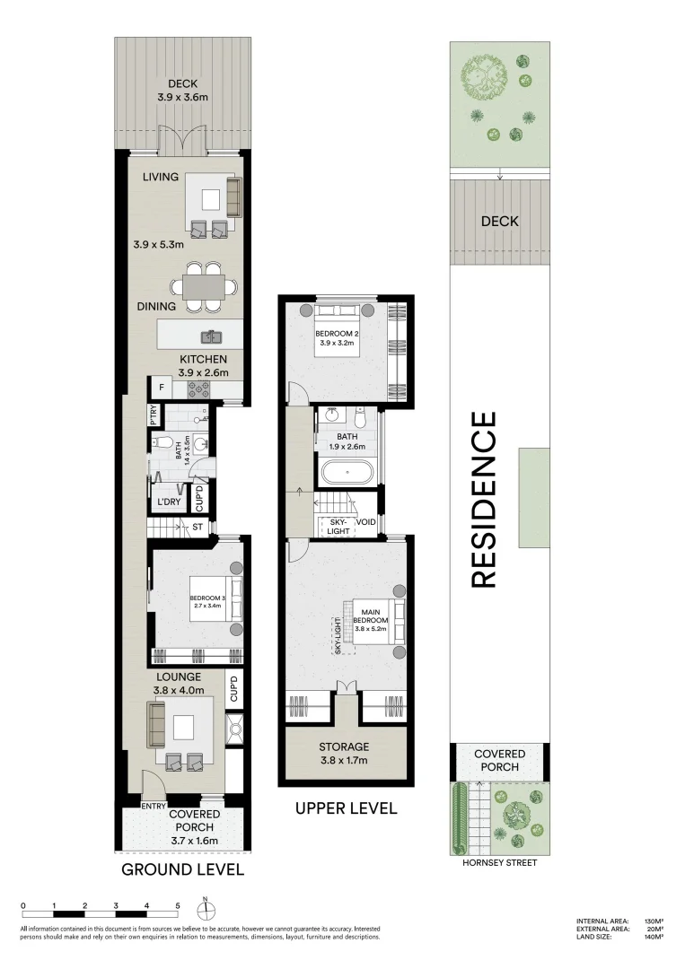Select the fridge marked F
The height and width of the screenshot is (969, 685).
click(161, 388)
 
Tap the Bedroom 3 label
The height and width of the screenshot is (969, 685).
click(206, 601)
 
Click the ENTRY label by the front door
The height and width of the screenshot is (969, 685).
click(154, 807)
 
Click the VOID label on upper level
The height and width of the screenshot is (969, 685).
click(365, 521)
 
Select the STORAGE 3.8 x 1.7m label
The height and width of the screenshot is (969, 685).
click(345, 753)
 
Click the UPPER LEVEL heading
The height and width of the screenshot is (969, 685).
click(346, 808)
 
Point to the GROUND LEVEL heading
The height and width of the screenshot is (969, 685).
click(182, 869)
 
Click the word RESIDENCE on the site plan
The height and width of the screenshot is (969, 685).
click(484, 500)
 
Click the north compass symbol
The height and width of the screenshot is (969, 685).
click(206, 910)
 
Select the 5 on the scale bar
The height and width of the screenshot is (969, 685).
click(178, 905)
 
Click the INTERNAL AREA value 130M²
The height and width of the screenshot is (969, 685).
click(653, 921)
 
